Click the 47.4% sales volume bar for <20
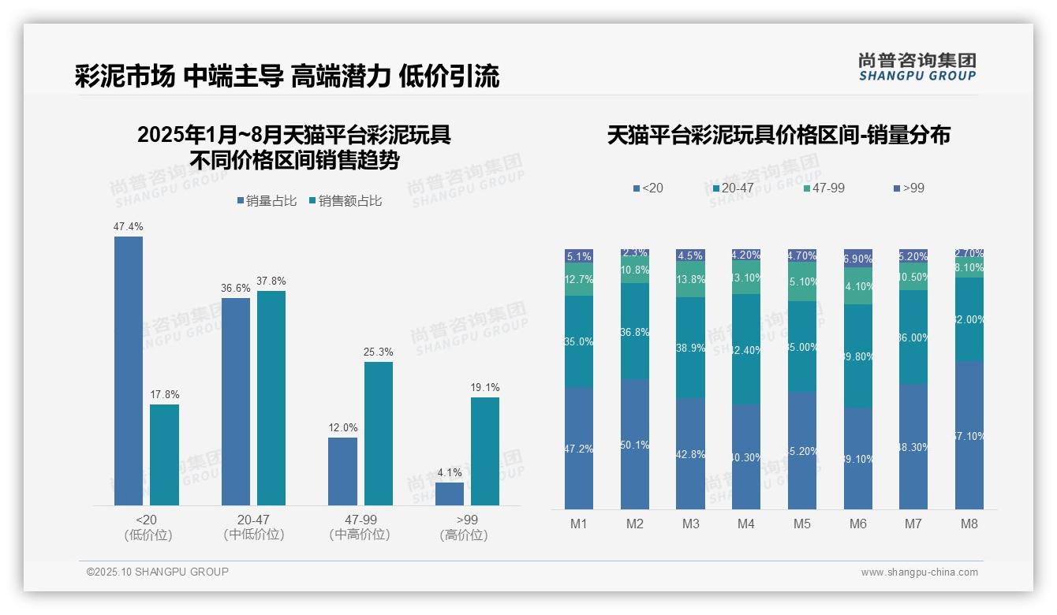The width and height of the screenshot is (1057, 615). tap(129, 371)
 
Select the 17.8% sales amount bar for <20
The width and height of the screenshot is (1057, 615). tap(164, 455)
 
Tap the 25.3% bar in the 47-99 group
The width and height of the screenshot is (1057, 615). tap(379, 433)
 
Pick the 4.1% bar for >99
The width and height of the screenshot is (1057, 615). tap(450, 494)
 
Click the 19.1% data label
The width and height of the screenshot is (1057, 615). tap(485, 388)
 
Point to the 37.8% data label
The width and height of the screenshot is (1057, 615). tap(271, 281)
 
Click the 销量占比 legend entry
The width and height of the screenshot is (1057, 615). tap(267, 201)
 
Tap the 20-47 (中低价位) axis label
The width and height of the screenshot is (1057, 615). tap(253, 527)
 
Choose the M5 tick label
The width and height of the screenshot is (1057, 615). tap(802, 524)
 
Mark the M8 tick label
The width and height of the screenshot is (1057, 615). tap(969, 524)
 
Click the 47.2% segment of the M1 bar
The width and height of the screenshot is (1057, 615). tap(579, 448)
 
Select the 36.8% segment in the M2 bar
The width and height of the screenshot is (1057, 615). tap(635, 331)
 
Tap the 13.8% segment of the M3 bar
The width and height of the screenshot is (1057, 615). tap(690, 280)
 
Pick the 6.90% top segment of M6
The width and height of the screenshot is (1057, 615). tap(858, 259)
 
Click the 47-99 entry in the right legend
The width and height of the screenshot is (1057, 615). tap(824, 188)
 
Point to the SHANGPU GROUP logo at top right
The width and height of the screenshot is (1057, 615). tap(917, 66)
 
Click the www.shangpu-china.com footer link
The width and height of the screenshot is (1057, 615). tap(919, 572)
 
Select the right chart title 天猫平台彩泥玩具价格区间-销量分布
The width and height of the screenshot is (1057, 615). tap(779, 135)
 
